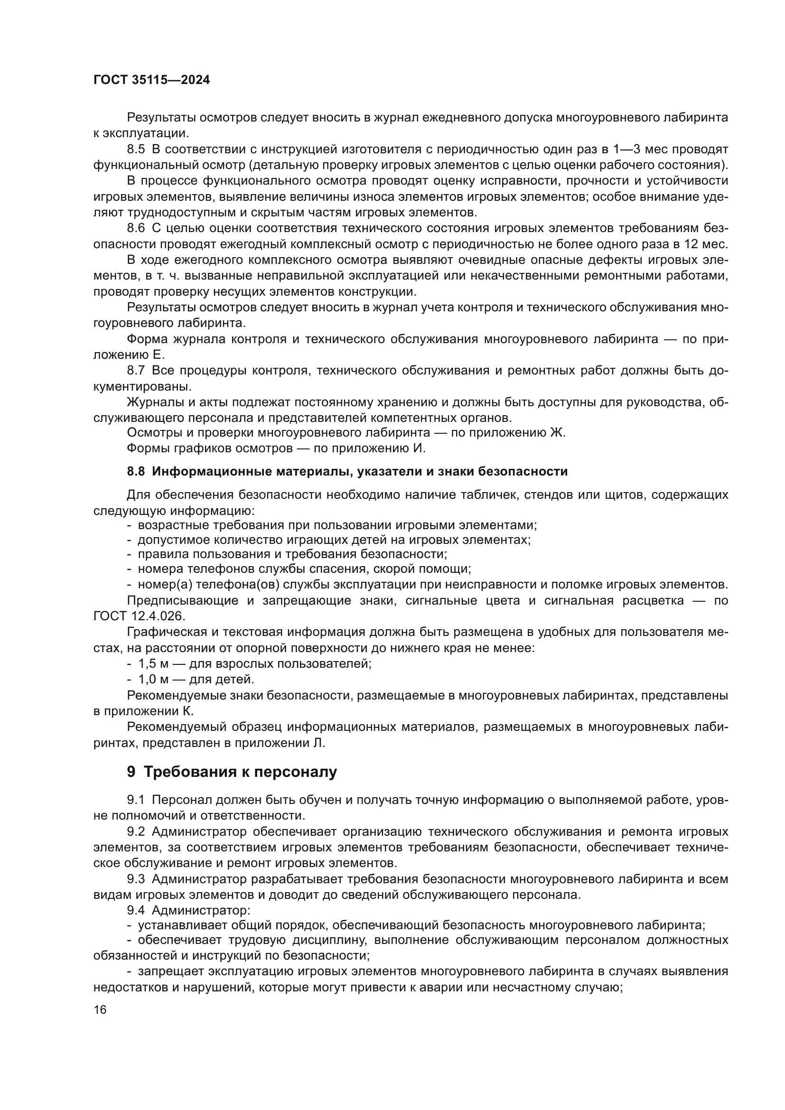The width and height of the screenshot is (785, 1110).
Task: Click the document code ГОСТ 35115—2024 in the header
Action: [x=151, y=80]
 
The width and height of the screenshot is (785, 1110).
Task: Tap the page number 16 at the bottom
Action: [x=100, y=1009]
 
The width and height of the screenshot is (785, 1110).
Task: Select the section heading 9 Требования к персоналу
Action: [x=232, y=772]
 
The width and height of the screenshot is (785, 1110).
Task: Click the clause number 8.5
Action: [x=136, y=149]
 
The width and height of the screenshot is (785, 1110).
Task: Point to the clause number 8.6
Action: [x=136, y=228]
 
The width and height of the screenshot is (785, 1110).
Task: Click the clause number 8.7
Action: [x=136, y=371]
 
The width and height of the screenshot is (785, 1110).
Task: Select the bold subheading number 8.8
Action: [x=136, y=471]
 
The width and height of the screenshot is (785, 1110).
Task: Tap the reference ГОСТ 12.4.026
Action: [x=139, y=616]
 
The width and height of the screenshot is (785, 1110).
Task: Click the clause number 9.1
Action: [x=136, y=800]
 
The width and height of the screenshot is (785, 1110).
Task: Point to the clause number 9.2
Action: [x=136, y=831]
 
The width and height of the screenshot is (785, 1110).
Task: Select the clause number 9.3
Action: [x=136, y=879]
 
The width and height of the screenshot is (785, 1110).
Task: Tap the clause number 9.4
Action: [x=136, y=910]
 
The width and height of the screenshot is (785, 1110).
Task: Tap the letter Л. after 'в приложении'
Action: [x=320, y=743]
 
